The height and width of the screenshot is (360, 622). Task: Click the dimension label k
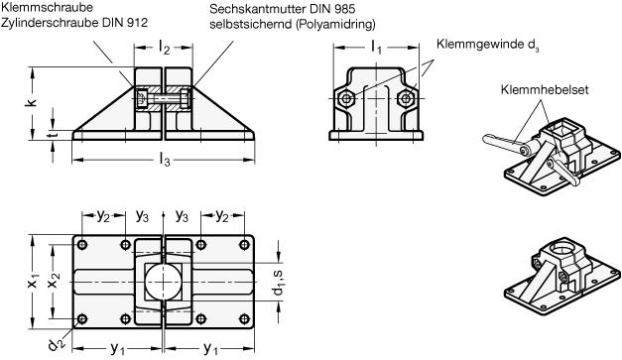tap(32, 102)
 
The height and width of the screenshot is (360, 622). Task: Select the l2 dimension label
tap(165, 48)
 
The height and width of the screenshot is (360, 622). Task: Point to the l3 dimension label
tap(165, 160)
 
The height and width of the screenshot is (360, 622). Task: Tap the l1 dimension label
tap(376, 48)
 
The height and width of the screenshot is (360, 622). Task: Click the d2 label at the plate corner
tap(56, 343)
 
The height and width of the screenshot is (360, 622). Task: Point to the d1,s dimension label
tap(279, 283)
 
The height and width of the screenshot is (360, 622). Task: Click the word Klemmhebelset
tap(545, 89)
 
